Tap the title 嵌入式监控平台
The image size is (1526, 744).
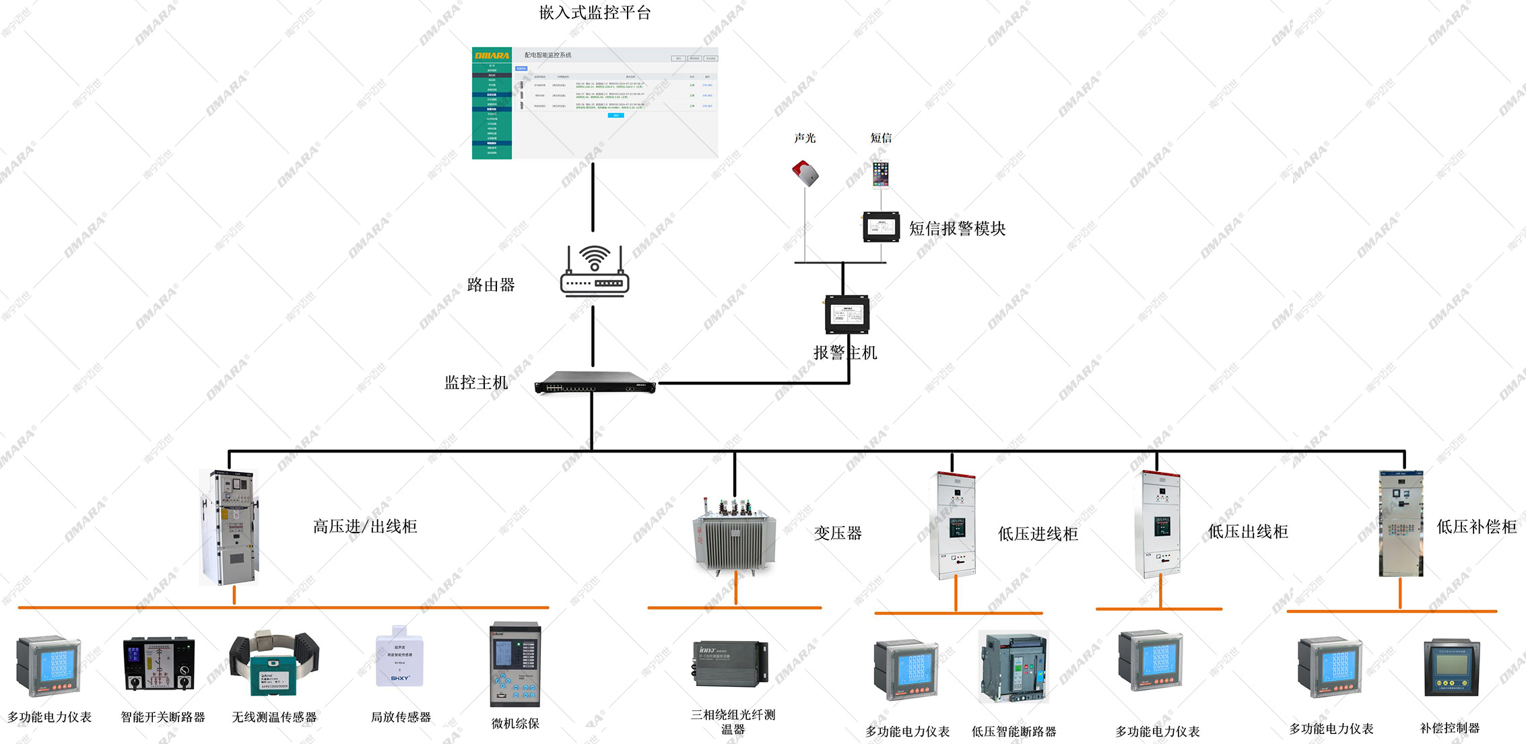click(595, 13)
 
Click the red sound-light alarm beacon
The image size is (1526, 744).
click(805, 173)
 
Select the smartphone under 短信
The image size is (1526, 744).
click(881, 174)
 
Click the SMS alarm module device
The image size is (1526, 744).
click(882, 227)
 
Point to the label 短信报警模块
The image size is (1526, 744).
click(957, 229)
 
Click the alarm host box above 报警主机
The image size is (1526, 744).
click(847, 314)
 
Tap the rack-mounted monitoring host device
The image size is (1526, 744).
click(595, 383)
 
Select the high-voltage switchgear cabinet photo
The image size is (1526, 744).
click(229, 527)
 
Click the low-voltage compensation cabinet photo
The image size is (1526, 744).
click(1401, 523)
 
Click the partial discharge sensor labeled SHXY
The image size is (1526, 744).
click(399, 658)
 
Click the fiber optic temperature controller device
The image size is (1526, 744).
click(730, 664)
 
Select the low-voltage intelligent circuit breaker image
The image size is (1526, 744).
click(1014, 668)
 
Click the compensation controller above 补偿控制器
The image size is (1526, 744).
click(1451, 669)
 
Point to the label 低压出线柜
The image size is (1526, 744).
click(1248, 532)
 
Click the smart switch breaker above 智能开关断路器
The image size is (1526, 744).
click(159, 665)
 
